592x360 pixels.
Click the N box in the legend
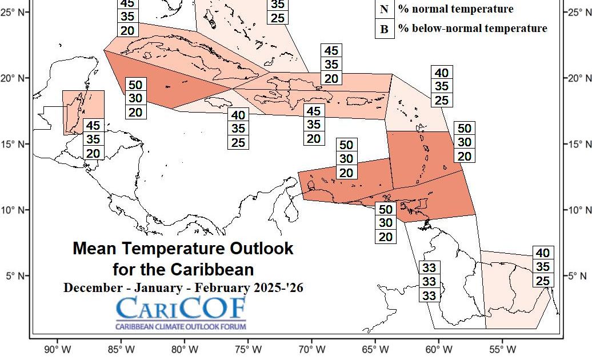385,9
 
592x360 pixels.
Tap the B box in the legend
385,29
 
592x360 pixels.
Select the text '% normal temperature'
455,9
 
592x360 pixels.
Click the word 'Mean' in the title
92,249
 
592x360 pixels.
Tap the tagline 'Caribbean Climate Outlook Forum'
181,327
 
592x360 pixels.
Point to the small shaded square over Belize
83,112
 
